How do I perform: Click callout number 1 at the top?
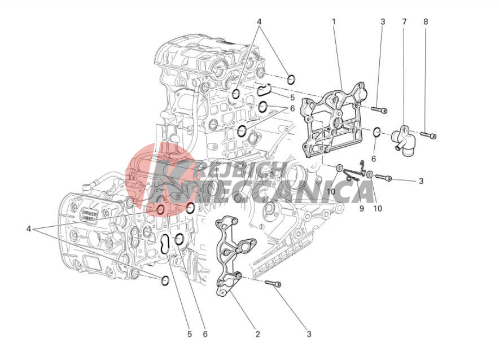click(334, 22)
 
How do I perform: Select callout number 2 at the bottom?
click(257, 334)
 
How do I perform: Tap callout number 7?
click(404, 22)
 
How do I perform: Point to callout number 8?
click(426, 22)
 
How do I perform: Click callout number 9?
click(361, 209)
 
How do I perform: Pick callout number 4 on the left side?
click(29, 229)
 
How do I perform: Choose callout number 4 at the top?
click(259, 22)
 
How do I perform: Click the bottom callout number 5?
click(190, 334)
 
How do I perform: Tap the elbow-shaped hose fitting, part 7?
click(403, 141)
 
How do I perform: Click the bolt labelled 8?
click(428, 135)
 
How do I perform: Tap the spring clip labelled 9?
click(353, 172)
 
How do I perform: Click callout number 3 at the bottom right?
click(309, 334)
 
